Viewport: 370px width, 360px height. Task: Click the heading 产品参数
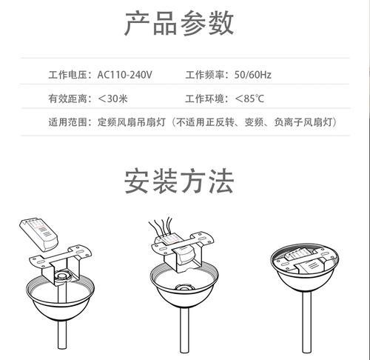pyautogui.click(x=179, y=24)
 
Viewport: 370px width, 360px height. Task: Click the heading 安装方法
pyautogui.click(x=179, y=181)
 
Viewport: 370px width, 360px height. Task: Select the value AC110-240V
pyautogui.click(x=124, y=75)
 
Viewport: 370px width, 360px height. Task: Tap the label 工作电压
pyautogui.click(x=67, y=75)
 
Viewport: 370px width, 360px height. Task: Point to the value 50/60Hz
pyautogui.click(x=253, y=75)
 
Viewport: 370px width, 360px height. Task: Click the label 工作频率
pyautogui.click(x=205, y=75)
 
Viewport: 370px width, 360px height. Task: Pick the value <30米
pyautogui.click(x=112, y=99)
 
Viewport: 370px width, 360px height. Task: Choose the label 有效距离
pyautogui.click(x=67, y=99)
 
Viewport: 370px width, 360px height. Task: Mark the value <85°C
pyautogui.click(x=249, y=99)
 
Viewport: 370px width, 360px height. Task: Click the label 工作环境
pyautogui.click(x=205, y=99)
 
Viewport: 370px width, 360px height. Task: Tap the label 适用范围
pyautogui.click(x=67, y=122)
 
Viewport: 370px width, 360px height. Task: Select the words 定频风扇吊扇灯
pyautogui.click(x=131, y=122)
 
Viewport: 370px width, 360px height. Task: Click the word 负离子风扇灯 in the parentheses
pyautogui.click(x=303, y=122)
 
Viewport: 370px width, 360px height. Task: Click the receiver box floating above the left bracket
pyautogui.click(x=38, y=234)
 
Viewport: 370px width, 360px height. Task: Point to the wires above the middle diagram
pyautogui.click(x=161, y=226)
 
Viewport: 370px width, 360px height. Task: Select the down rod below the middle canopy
pyautogui.click(x=184, y=330)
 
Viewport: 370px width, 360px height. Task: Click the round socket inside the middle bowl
pyautogui.click(x=184, y=287)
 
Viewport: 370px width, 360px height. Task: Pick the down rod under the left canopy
pyautogui.click(x=62, y=335)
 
